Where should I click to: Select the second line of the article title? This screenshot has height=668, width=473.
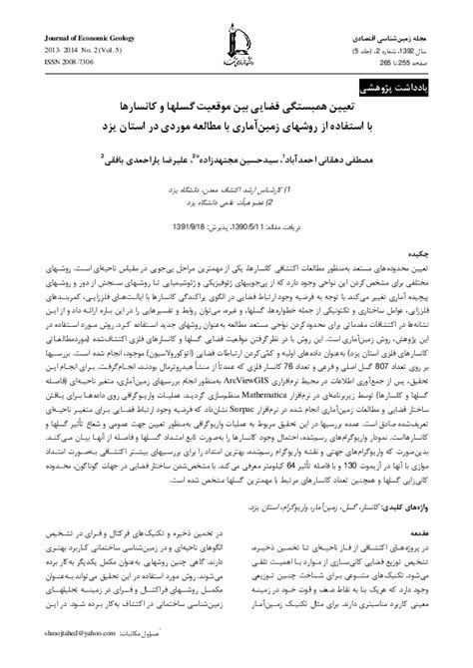[236, 127]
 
